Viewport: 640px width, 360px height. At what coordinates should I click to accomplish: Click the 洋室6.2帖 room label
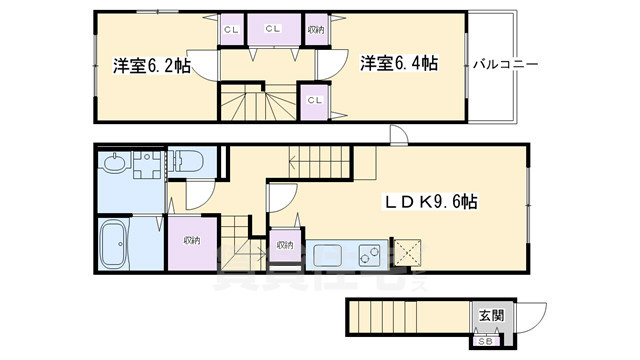150,67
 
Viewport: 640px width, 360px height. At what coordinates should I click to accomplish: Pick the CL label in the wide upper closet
272,30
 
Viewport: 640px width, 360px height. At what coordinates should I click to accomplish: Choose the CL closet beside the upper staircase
314,100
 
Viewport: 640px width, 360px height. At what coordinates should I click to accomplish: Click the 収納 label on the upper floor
315,30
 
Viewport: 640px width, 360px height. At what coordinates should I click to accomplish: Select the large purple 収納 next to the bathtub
190,241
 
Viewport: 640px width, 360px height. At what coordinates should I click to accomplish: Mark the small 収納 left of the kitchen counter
284,245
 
